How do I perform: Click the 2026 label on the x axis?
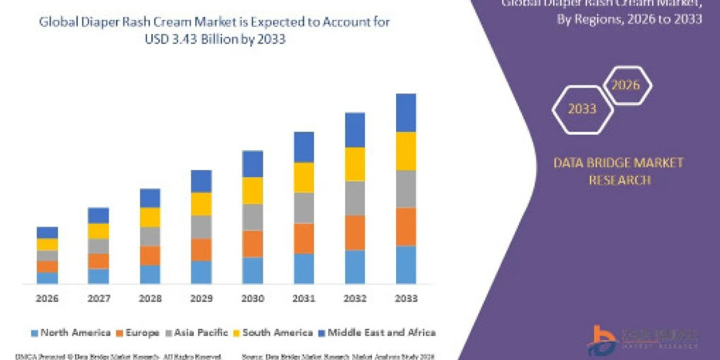(x=47, y=298)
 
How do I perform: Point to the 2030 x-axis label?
(x=252, y=298)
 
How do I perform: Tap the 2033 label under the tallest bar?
(x=406, y=298)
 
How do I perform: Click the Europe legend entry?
(x=137, y=332)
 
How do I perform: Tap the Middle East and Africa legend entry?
(x=376, y=332)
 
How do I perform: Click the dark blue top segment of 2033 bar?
(x=406, y=113)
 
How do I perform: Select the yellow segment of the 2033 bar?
(x=406, y=151)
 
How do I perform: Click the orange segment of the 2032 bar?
(x=355, y=233)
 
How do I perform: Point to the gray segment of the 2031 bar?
(x=304, y=208)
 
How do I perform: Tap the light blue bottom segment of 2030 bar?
(x=252, y=271)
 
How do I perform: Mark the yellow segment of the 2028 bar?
(x=150, y=217)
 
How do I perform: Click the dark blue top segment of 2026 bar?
(x=47, y=233)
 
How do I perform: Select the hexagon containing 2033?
(x=583, y=109)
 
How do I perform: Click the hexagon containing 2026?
(x=625, y=85)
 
